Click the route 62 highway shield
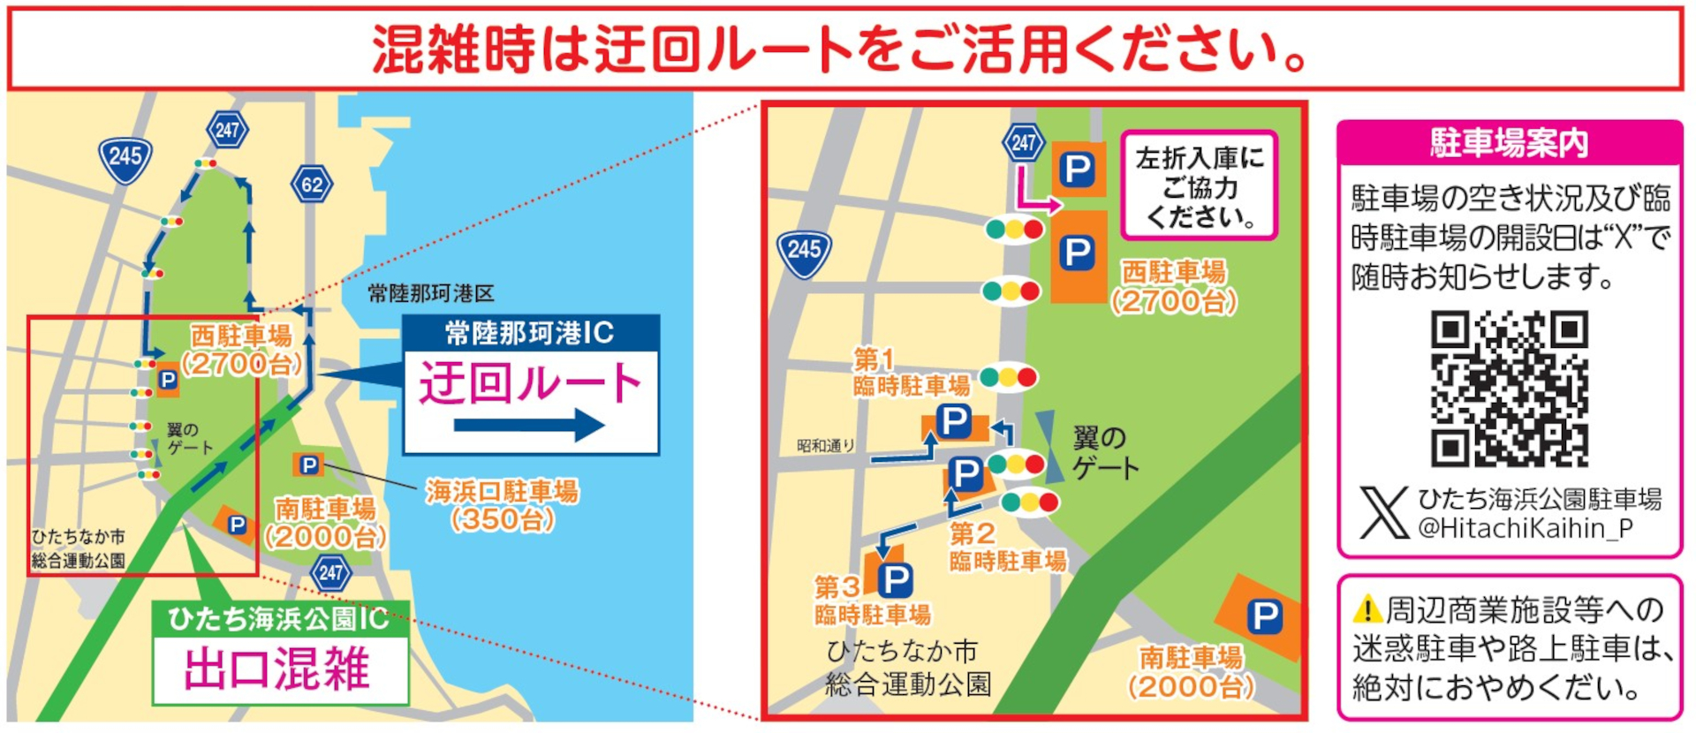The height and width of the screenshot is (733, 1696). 312,185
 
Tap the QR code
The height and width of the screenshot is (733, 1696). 1509,388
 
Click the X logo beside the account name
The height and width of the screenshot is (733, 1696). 1383,512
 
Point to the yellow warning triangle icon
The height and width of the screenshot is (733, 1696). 1367,609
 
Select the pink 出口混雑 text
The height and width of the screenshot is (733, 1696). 277,669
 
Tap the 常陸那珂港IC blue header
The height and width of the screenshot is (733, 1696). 530,333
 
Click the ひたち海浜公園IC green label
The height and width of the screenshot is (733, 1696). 278,618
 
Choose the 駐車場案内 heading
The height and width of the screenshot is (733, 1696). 1509,142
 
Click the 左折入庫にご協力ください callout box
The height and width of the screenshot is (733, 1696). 1199,185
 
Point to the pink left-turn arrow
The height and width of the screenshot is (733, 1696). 1035,194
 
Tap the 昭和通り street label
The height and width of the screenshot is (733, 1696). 825,446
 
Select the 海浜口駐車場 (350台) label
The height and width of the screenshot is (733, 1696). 502,505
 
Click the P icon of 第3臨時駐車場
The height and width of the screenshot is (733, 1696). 895,580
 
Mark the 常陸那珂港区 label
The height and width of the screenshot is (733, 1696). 431,293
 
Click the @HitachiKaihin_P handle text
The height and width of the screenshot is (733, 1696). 1525,528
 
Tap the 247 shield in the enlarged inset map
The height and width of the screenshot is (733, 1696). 1023,143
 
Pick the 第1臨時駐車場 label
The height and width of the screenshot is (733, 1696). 910,373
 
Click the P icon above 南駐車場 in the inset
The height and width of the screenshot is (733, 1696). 1264,616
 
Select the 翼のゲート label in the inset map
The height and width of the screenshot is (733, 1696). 1104,452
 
